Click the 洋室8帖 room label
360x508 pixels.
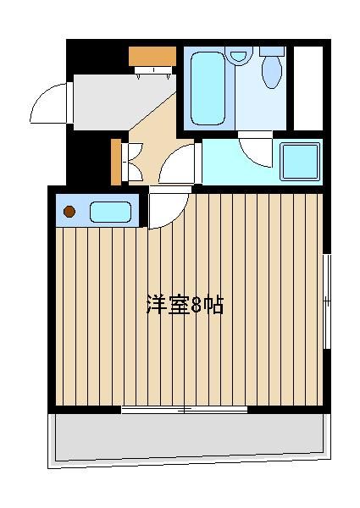tap(186, 305)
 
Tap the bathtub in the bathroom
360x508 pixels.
tap(208, 88)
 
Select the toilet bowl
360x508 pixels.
tap(272, 73)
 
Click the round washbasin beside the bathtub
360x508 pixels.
tap(239, 56)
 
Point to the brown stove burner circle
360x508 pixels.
tap(69, 212)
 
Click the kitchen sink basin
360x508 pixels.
tap(110, 212)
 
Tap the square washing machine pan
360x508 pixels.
tap(300, 162)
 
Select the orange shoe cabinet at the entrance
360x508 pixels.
tap(152, 56)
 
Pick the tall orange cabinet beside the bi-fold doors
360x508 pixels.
tap(116, 162)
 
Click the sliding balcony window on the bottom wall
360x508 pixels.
tap(185, 410)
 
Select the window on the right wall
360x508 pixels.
tap(328, 301)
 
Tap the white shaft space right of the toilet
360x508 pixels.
tap(308, 88)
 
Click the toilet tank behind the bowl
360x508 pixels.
tap(272, 51)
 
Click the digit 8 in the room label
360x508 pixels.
tap(197, 305)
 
